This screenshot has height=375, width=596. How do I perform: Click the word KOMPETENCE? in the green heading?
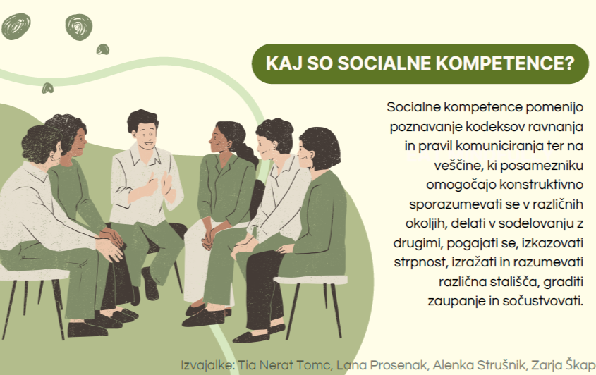pos(505,63)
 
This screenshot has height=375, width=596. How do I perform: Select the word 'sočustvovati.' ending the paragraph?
pos(543,301)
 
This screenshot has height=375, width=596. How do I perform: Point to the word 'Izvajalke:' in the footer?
pos(208,366)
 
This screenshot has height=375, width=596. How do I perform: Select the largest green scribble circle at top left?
pos(16,26)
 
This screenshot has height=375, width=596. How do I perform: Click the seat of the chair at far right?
pos(310,280)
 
